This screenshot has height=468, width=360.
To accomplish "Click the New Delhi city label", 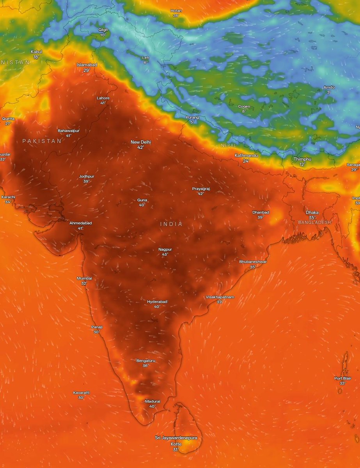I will click(x=140, y=142).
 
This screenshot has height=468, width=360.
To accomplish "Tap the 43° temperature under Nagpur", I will click(x=165, y=254).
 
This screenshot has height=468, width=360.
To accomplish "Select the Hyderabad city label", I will click(x=157, y=302).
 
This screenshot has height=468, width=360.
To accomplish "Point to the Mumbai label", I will click(x=84, y=278).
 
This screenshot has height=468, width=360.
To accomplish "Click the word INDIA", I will click(x=171, y=224).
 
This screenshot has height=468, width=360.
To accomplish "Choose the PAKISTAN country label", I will click(x=42, y=141).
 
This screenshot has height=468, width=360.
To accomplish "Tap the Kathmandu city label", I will click(x=246, y=156).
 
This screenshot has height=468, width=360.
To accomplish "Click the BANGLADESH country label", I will click(x=314, y=222).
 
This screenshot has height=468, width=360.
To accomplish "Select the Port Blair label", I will click(x=342, y=378).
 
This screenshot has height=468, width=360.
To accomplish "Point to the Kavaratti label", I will click(x=81, y=393).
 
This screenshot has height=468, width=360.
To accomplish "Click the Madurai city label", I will click(x=153, y=401).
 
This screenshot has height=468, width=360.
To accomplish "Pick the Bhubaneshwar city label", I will click(x=253, y=262).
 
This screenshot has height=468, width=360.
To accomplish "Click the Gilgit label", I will click(x=103, y=30).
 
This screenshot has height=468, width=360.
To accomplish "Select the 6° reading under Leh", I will click(x=145, y=62).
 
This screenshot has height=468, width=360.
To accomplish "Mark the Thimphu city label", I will click(x=302, y=159).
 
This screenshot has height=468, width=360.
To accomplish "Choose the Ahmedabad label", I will click(x=81, y=223).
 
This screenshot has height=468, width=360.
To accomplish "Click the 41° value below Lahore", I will click(x=103, y=103).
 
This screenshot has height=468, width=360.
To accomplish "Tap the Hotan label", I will click(x=176, y=11).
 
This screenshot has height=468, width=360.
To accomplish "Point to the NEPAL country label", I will click(x=229, y=145).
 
